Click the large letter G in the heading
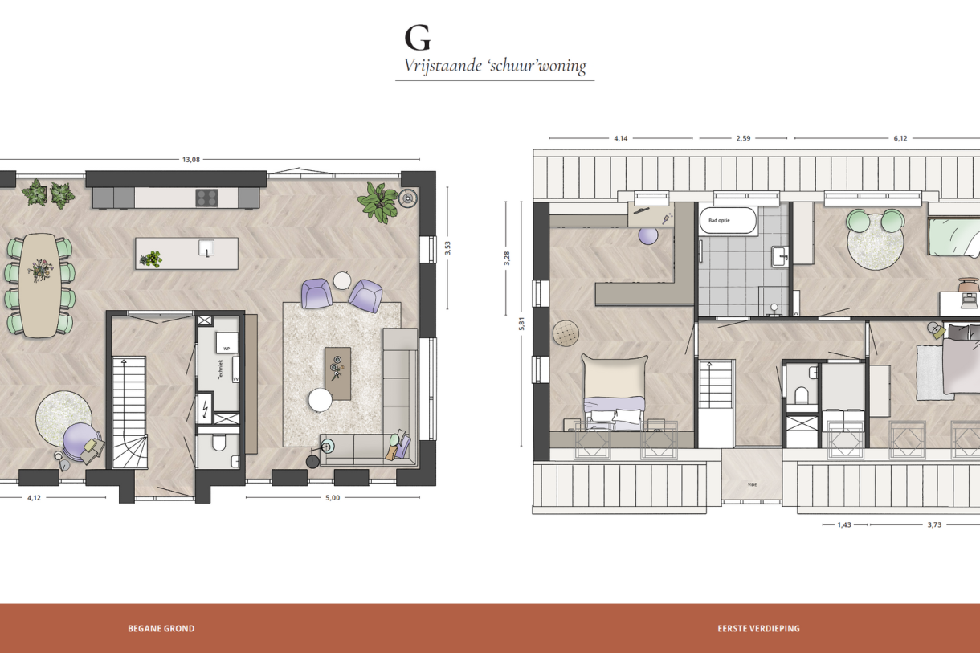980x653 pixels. pos(417,38)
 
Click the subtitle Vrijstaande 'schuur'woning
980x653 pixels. pos(495,67)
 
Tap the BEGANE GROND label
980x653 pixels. pos(161,629)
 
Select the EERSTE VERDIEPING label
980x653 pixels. pos(758,629)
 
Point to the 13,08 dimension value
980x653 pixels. pos(190,160)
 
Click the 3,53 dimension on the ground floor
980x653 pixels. pos(448,248)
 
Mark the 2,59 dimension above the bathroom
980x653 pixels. pos(742,138)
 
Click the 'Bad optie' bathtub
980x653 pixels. pos(728,221)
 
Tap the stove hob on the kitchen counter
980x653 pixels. pos(207,197)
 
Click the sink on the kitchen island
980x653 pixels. pos(207,251)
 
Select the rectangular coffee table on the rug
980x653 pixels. pos(337,373)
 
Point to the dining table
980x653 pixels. pos(39,284)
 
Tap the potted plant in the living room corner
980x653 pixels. pos(378,202)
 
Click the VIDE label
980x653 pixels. pos(752,485)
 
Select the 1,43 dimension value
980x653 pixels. pos(843,524)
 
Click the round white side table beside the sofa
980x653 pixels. pos(321,399)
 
